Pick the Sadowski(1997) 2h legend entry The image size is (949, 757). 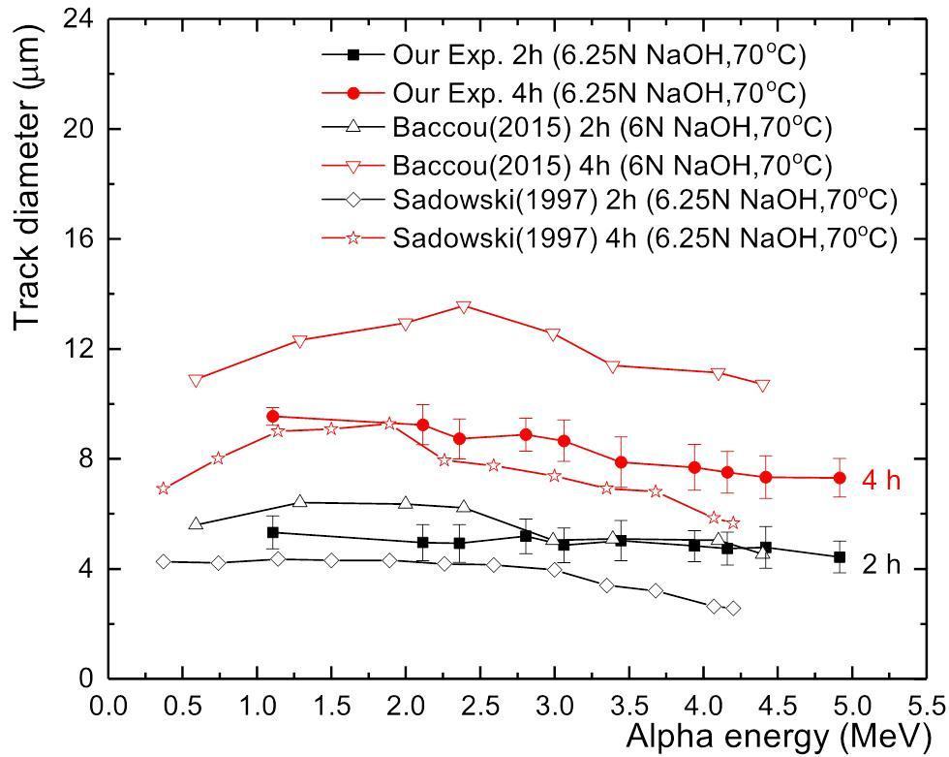[x=609, y=201]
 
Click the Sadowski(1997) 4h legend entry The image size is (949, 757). [x=609, y=238]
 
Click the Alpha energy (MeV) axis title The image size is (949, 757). [x=779, y=738]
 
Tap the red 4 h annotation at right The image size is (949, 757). [x=881, y=481]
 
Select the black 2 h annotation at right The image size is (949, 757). [x=881, y=565]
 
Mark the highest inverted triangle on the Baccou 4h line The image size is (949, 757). [x=464, y=307]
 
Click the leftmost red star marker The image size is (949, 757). [x=163, y=489]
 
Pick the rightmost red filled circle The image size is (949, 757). [x=840, y=478]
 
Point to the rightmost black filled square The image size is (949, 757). [x=840, y=557]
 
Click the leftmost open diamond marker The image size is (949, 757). [x=163, y=561]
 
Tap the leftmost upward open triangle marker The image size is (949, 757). [x=196, y=523]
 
